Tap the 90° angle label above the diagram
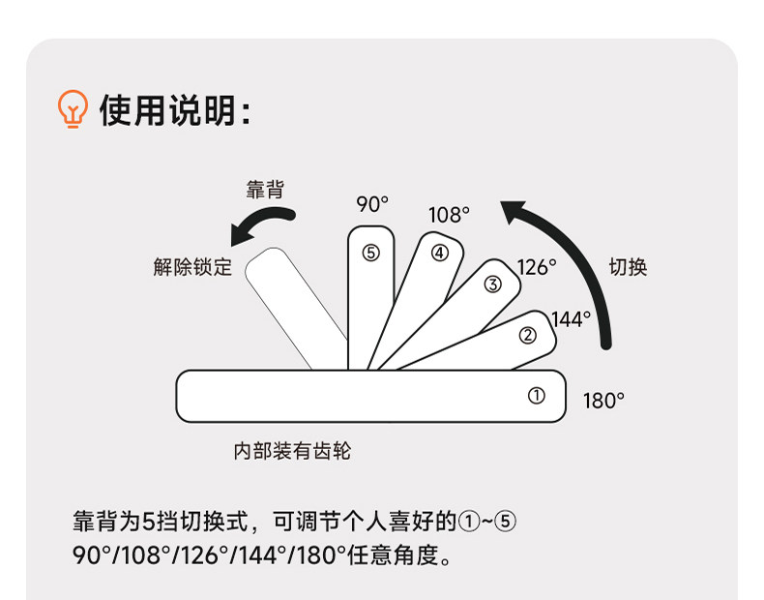coord(371,204)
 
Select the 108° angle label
coord(449,215)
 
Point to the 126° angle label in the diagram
coord(537,267)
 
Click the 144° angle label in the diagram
coord(571,318)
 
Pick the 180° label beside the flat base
coord(603,401)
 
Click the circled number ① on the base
coord(536,396)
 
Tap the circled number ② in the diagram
coord(528,336)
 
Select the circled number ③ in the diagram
coord(492,284)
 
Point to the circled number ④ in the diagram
coord(440,253)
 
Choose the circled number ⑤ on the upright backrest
coord(371,253)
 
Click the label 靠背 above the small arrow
coord(265,190)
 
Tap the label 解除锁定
coord(192,268)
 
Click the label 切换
coord(627,267)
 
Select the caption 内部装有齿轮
coord(292,451)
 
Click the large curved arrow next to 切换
coord(575,261)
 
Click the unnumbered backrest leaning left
coord(295,308)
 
